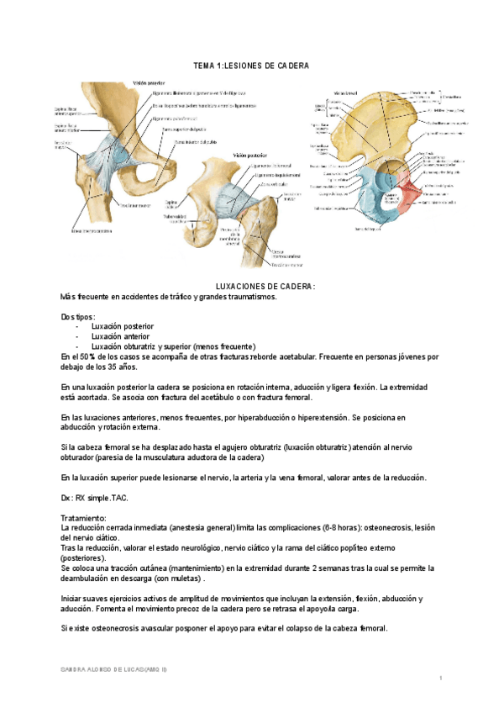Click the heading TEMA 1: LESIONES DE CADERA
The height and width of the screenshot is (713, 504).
coord(251,66)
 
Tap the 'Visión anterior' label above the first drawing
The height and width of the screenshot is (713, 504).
coord(147,83)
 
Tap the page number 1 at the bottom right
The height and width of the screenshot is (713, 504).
coord(441,678)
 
